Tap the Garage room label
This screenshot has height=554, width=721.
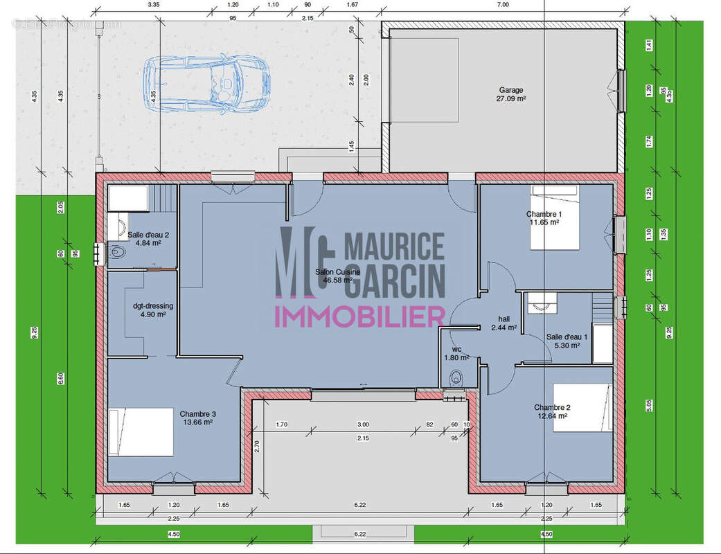point(511,90)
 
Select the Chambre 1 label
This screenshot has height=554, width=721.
point(544,214)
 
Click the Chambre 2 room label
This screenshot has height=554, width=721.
point(551,407)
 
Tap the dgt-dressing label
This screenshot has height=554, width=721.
point(153,305)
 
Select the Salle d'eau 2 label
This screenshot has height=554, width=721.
point(148,235)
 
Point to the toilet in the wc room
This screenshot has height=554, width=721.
point(455,378)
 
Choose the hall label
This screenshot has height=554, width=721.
point(504,319)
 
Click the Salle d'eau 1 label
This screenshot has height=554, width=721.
point(567,337)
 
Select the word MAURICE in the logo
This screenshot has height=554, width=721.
point(394,247)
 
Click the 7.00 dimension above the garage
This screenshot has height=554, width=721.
point(502,4)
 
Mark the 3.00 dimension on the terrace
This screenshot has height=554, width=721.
point(363,424)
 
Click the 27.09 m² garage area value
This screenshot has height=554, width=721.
point(511,99)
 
